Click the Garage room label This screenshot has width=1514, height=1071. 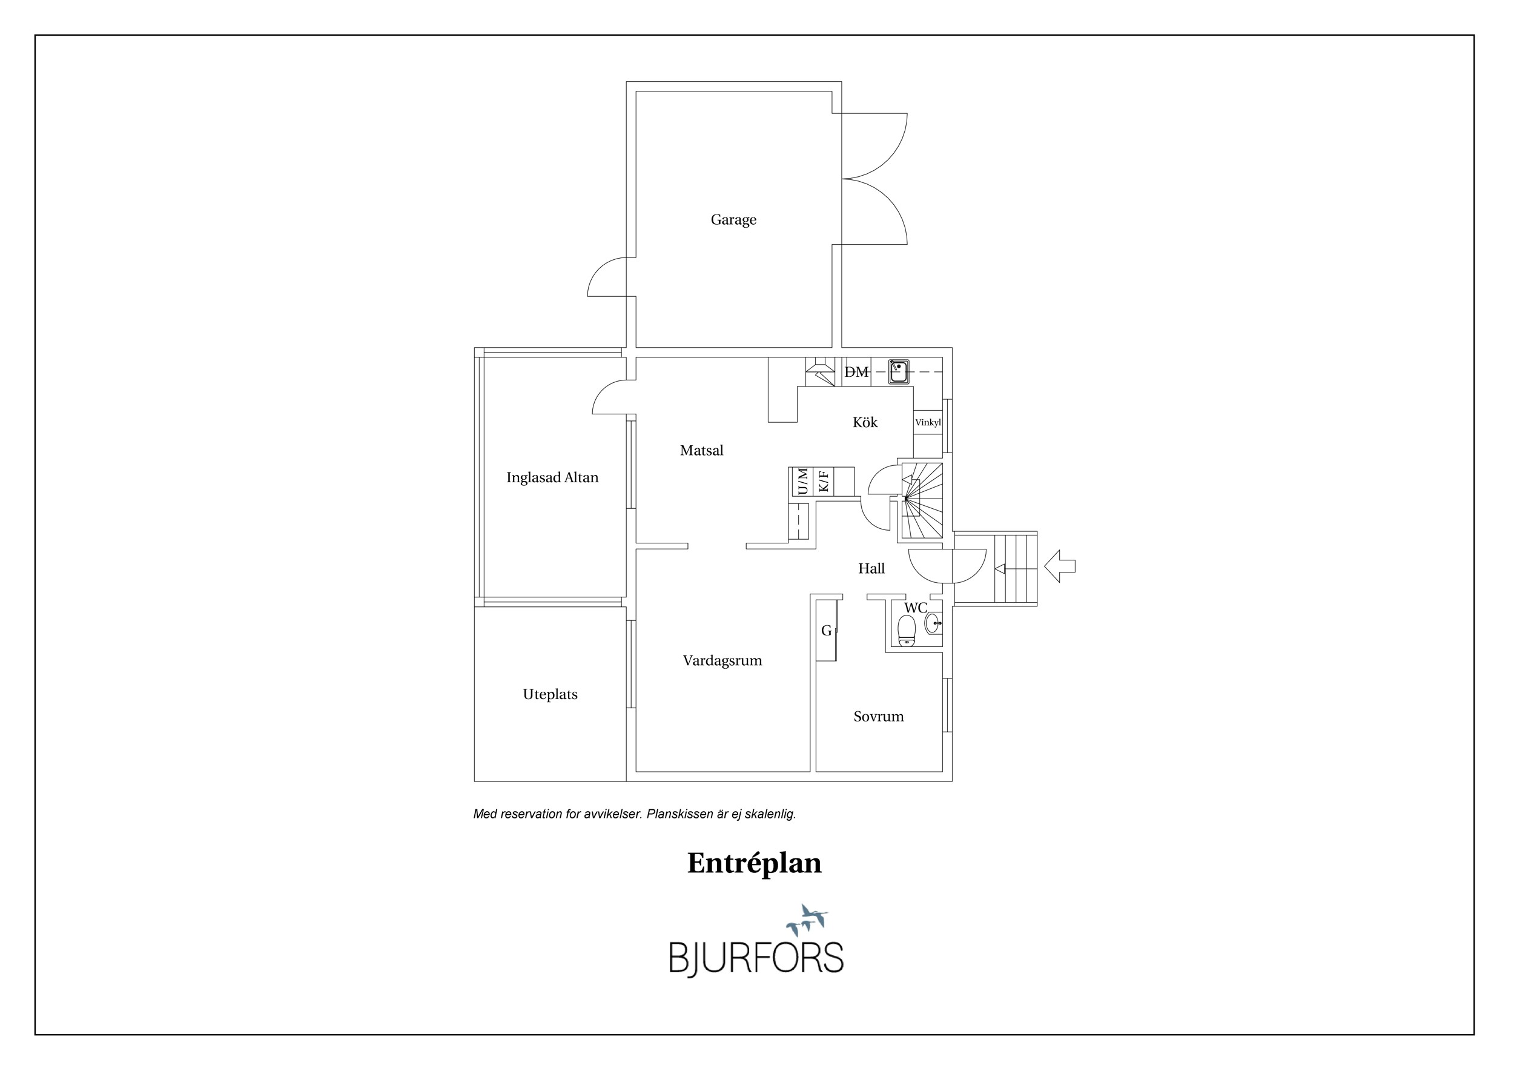coord(733,220)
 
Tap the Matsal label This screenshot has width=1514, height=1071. coord(702,451)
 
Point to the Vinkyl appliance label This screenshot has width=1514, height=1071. coord(928,423)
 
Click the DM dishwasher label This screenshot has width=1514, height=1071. coord(856,372)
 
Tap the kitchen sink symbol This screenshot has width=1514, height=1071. coord(898,372)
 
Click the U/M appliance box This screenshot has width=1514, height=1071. coord(802,482)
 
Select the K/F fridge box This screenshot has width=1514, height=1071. coord(823,482)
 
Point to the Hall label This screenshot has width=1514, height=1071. coord(871,568)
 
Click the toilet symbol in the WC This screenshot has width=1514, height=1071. coord(907,631)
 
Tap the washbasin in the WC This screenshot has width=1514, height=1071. coord(933,623)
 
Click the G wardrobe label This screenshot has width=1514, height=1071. coord(826,631)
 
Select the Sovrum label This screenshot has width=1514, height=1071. coord(878,717)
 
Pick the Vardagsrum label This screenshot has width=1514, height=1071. coord(722,661)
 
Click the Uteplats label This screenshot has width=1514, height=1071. coord(550,694)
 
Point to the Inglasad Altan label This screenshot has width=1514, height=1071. coord(552,477)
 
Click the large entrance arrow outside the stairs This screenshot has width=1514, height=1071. coord(1060,566)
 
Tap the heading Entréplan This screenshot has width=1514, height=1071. coord(755,863)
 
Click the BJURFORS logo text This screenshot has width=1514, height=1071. coord(756,957)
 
